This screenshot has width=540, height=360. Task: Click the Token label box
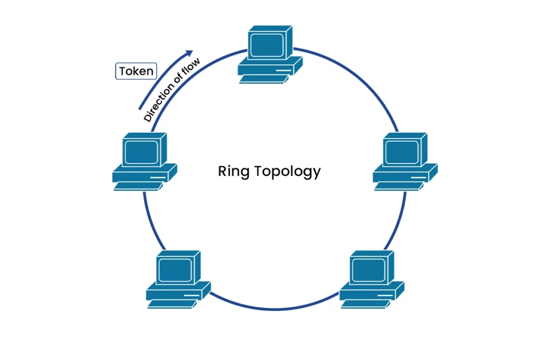coord(136,71)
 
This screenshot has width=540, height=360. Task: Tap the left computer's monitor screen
coord(141,152)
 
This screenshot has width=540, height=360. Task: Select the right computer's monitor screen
coord(401,152)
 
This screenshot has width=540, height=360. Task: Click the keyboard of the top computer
coord(263,80)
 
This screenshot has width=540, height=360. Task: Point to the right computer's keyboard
coord(398,186)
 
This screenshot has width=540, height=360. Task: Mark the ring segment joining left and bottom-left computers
coord(150,221)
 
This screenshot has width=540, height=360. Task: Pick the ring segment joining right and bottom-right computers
coord(398,221)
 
